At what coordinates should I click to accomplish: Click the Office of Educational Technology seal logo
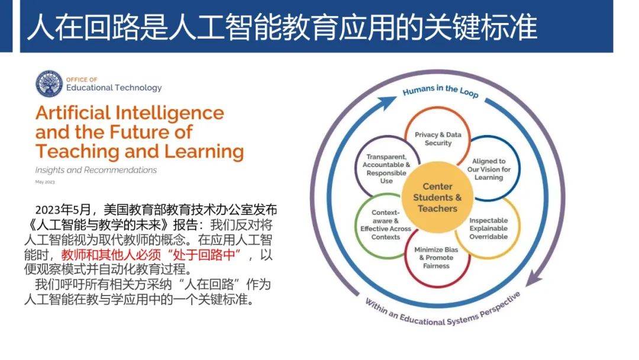(49, 83)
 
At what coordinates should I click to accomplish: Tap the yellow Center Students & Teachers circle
(437, 198)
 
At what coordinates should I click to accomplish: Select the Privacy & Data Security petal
(438, 139)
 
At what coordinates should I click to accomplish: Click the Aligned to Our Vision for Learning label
(489, 169)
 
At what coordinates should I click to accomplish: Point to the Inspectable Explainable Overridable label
(489, 229)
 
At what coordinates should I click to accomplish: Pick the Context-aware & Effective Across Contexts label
(386, 225)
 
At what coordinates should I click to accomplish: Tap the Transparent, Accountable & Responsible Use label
(386, 169)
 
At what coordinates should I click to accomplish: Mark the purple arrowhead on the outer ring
(534, 276)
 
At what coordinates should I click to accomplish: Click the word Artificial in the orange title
(76, 112)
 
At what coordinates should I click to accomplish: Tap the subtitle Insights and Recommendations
(96, 170)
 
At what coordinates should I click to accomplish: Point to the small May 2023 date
(44, 182)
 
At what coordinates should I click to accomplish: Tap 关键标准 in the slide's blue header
(479, 27)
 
